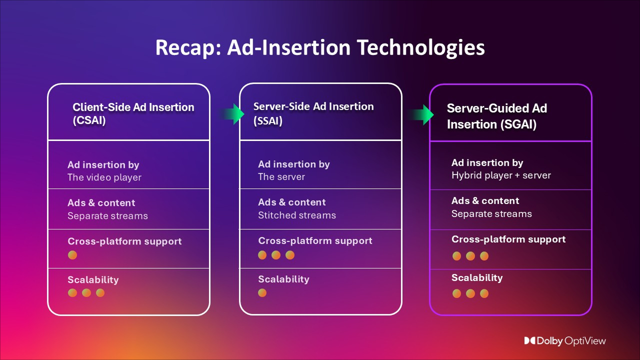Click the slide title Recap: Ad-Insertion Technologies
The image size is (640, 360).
320,48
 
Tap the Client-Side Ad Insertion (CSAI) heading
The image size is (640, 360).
133,113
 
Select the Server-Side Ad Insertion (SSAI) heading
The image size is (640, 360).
313,113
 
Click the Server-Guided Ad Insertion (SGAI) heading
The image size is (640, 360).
496,116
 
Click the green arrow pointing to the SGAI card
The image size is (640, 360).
421,114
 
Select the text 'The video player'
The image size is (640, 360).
104,177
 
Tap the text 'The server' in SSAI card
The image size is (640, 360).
281,177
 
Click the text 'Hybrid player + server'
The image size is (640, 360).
501,175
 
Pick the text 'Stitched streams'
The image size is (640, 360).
297,215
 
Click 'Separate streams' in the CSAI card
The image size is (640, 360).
107,216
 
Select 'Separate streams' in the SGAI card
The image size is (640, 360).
491,214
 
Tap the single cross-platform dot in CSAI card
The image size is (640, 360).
72,255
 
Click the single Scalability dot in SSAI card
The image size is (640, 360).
262,292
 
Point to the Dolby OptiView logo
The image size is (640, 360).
564,340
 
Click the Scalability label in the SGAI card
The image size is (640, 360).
477,278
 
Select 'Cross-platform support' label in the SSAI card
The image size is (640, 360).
315,240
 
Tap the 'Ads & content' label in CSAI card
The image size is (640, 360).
101,203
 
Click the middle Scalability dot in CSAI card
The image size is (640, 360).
86,292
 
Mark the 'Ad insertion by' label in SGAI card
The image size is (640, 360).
487,162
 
